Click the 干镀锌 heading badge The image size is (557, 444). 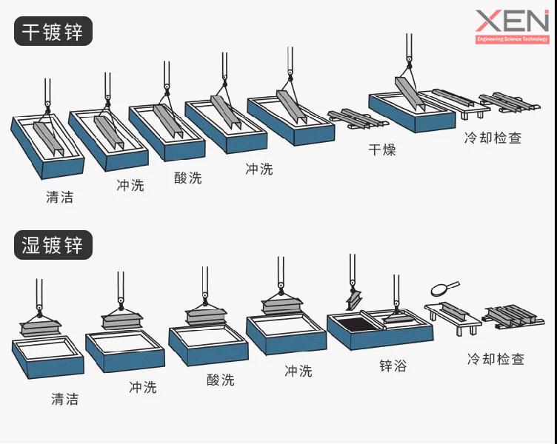click(x=53, y=32)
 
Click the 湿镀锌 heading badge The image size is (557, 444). click(x=53, y=244)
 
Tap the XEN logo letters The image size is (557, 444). click(x=512, y=21)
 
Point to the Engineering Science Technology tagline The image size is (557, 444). click(x=512, y=39)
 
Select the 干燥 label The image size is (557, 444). click(x=382, y=149)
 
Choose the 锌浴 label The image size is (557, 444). click(x=393, y=366)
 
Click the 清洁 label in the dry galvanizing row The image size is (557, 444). click(x=59, y=198)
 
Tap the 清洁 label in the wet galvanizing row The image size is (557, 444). click(x=64, y=399)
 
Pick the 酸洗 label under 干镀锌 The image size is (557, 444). click(x=187, y=178)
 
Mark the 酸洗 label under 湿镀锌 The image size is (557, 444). click(x=221, y=380)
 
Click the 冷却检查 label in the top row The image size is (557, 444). click(x=493, y=138)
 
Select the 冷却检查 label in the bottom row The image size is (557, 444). click(x=496, y=359)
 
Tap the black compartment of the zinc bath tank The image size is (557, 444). click(x=354, y=322)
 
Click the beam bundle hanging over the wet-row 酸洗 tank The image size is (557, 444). click(x=205, y=316)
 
